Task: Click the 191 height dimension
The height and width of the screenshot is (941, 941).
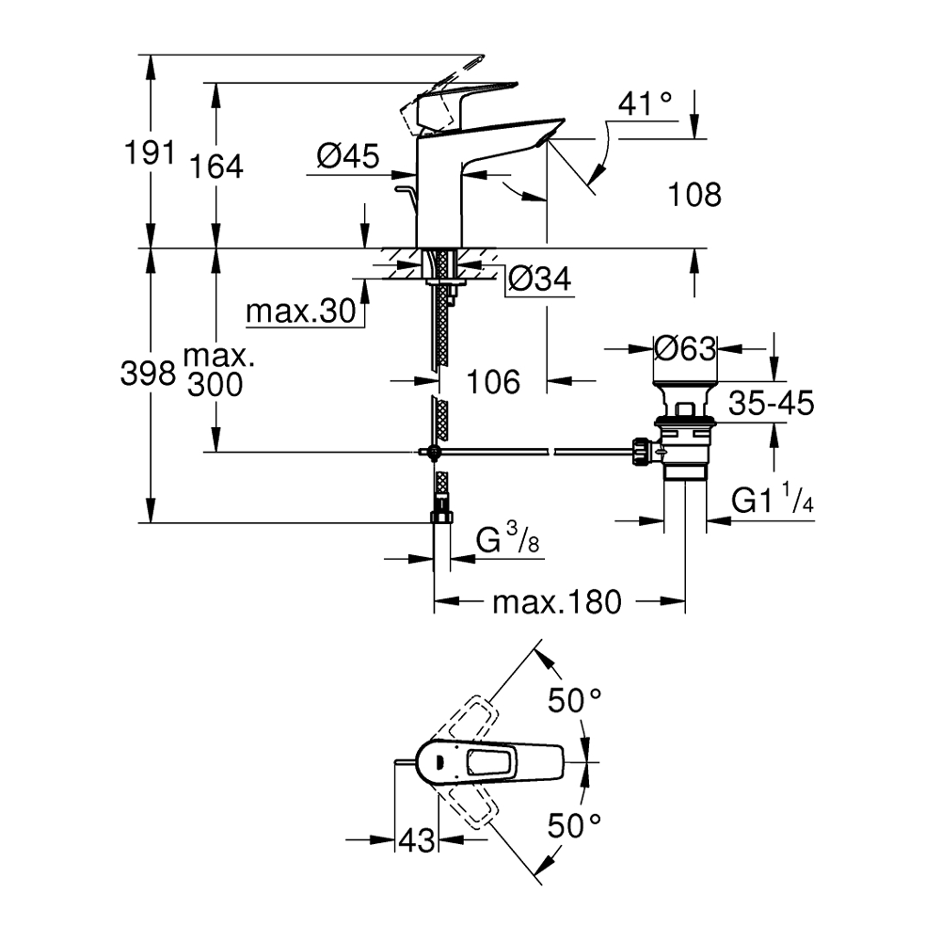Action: point(150,152)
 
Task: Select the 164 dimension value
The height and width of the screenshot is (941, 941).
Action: point(216,167)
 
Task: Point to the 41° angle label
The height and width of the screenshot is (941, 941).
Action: point(647,106)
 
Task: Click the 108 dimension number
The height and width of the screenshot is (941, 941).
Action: point(694,195)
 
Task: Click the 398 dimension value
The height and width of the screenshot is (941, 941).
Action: point(148,375)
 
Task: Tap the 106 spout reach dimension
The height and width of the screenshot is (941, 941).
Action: point(493,381)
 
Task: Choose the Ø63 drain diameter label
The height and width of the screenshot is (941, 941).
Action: point(685,349)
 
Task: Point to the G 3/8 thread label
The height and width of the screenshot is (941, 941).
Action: point(507,542)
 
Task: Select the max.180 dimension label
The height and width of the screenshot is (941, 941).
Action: point(557,602)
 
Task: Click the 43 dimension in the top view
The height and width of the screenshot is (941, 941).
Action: point(417,839)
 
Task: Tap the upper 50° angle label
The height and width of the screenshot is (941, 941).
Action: point(575,700)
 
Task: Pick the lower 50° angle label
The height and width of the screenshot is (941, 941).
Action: point(575,827)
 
